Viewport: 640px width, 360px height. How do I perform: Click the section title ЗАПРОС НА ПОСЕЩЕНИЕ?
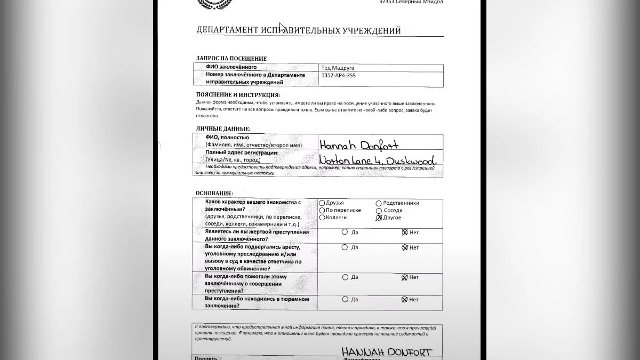pos(231,59)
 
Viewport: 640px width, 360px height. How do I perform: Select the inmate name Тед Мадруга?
pos(338,68)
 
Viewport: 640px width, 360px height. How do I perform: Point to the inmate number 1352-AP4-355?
pos(338,76)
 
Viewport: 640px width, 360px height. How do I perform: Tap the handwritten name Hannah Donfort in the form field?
pos(358,145)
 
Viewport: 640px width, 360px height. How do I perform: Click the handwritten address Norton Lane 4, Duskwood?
pos(377,160)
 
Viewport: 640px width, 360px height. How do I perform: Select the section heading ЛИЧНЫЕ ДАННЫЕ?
pos(222,129)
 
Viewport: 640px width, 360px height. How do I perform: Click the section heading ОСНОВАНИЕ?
pos(214,193)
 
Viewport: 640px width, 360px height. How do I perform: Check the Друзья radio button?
pos(322,203)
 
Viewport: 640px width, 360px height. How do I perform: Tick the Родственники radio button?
pos(379,203)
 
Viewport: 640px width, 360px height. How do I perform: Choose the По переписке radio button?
pos(322,210)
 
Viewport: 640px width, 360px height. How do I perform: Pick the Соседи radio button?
pos(379,210)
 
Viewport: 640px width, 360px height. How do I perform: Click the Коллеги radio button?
pos(322,218)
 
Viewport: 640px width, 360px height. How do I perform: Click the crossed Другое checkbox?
pos(379,218)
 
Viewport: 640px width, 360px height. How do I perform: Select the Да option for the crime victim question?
pos(345,232)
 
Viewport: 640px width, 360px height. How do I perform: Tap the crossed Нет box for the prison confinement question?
pos(404,300)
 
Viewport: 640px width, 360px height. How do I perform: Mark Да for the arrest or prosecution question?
pos(345,247)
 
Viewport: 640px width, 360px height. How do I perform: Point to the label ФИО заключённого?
pos(231,67)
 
